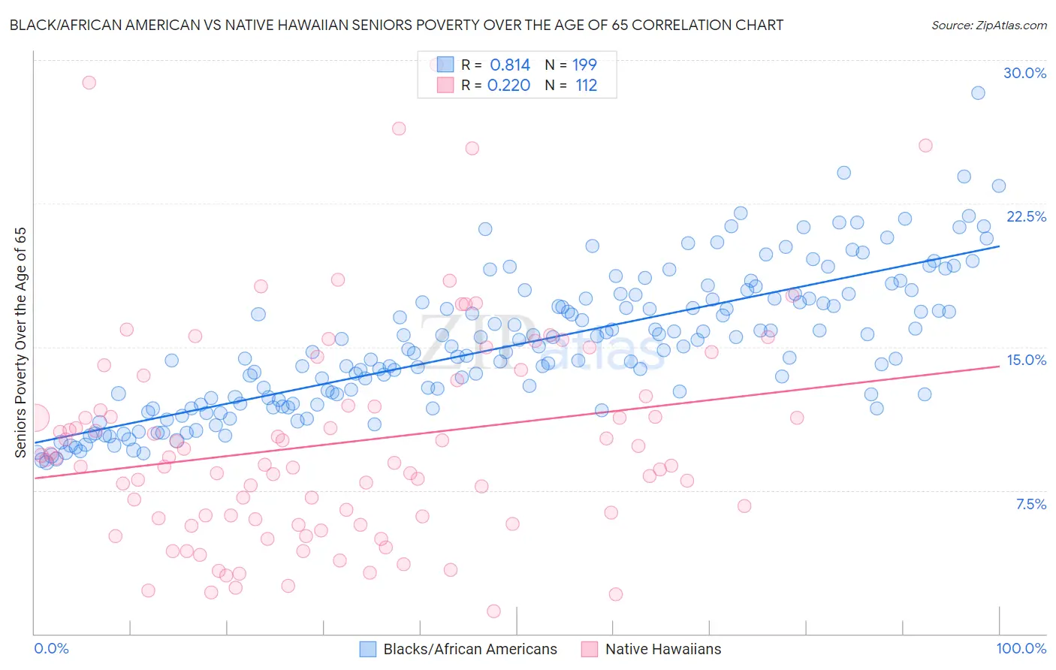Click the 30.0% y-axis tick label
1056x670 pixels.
pyautogui.click(x=1024, y=73)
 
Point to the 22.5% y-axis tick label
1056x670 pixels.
pyautogui.click(x=1026, y=216)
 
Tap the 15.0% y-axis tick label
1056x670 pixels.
pyautogui.click(x=1026, y=360)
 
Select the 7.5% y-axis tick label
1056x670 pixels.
pyautogui.click(x=1030, y=504)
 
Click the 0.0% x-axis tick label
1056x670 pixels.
pyautogui.click(x=52, y=648)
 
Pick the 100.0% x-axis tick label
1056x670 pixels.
pyautogui.click(x=1021, y=648)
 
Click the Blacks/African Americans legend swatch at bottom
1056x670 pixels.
pyautogui.click(x=367, y=649)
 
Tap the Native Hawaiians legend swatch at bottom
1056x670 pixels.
pyautogui.click(x=590, y=649)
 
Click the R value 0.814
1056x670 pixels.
pyautogui.click(x=510, y=65)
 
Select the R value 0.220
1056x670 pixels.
pyautogui.click(x=508, y=86)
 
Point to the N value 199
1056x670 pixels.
pyautogui.click(x=584, y=65)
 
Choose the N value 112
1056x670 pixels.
pyautogui.click(x=586, y=86)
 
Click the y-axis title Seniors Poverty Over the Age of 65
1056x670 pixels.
pyautogui.click(x=20, y=342)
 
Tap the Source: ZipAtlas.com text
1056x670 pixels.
pyautogui.click(x=988, y=25)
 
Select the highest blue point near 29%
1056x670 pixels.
pyautogui.click(x=978, y=93)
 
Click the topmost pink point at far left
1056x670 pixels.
pyautogui.click(x=89, y=83)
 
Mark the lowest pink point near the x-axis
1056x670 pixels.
pyautogui.click(x=493, y=611)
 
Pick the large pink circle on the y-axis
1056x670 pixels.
pyautogui.click(x=35, y=418)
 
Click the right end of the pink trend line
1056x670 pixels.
pyautogui.click(x=999, y=366)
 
